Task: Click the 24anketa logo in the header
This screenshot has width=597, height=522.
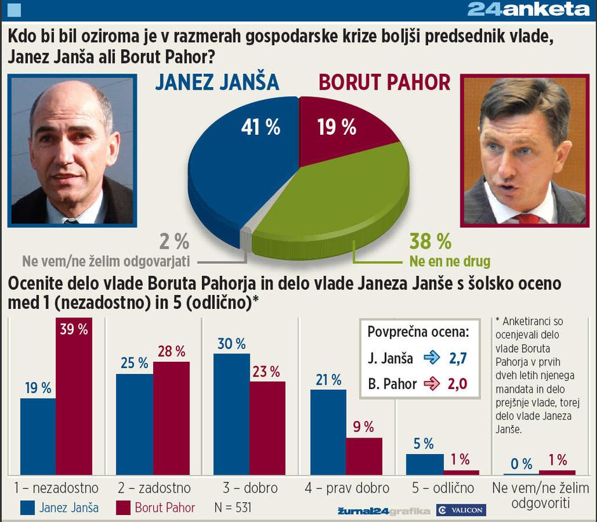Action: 528,10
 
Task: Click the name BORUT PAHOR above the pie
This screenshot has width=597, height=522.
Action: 384,83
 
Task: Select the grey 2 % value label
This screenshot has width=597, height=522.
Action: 173,242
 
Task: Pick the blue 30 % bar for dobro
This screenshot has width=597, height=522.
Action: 231,414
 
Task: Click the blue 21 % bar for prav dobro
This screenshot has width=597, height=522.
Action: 328,432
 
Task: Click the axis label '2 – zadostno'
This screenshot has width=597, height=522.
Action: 154,488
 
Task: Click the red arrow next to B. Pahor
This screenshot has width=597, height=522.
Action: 432,383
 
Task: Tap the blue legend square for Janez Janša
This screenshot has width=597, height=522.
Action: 27,507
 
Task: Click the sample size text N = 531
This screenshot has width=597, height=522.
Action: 233,508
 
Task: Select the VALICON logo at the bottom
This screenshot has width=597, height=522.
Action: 461,511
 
